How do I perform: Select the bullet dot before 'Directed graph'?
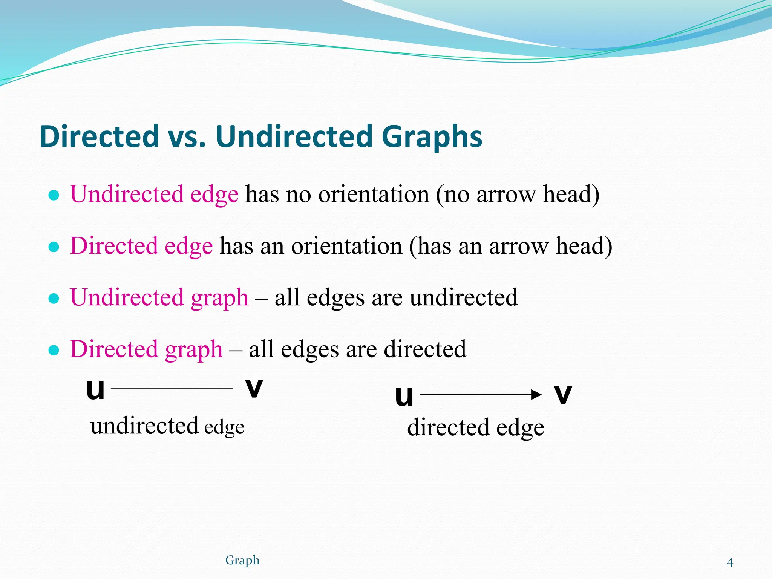pyautogui.click(x=54, y=350)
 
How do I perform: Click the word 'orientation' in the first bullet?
pyautogui.click(x=374, y=195)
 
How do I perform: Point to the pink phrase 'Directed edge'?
pyautogui.click(x=141, y=246)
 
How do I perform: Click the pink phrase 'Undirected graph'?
pyautogui.click(x=159, y=298)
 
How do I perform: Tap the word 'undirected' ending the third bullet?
pyautogui.click(x=464, y=298)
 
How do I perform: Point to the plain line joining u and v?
pyautogui.click(x=172, y=388)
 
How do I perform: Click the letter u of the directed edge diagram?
pyautogui.click(x=404, y=396)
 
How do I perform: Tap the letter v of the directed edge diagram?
pyautogui.click(x=563, y=395)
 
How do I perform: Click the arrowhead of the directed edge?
pyautogui.click(x=536, y=395)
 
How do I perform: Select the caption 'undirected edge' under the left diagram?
pyautogui.click(x=167, y=426)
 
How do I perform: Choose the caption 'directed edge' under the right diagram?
pyautogui.click(x=476, y=428)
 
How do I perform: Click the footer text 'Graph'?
pyautogui.click(x=242, y=561)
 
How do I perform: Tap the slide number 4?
pyautogui.click(x=730, y=563)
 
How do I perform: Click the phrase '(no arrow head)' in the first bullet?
pyautogui.click(x=518, y=195)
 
